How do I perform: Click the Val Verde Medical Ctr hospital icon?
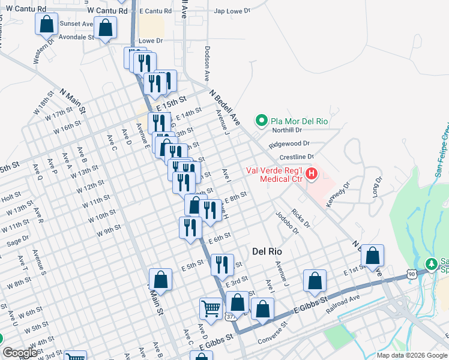tap(312, 175)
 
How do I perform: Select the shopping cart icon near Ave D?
tap(211, 308)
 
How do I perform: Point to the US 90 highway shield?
tap(410, 274)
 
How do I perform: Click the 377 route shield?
tap(231, 316)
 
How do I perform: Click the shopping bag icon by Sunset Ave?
tap(106, 28)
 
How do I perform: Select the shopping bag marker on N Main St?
tap(160, 279)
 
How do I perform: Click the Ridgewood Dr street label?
tap(289, 144)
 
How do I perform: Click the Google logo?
tap(19, 353)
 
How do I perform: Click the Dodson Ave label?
tap(206, 65)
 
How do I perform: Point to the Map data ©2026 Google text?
tap(411, 355)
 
